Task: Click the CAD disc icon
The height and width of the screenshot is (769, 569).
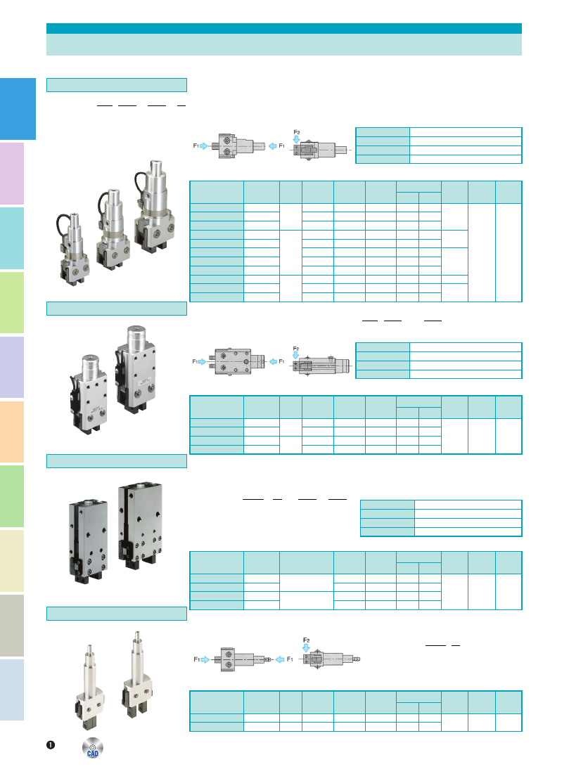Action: [92, 747]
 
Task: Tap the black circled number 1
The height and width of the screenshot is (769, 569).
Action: [51, 745]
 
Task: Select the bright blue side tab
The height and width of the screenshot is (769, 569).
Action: [18, 109]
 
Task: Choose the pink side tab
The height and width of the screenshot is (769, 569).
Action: [12, 174]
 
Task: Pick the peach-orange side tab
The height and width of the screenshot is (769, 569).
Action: [12, 432]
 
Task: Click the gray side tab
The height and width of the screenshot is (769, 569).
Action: [12, 626]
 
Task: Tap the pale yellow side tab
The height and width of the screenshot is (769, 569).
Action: [12, 560]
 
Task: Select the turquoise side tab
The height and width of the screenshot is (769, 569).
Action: [12, 238]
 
